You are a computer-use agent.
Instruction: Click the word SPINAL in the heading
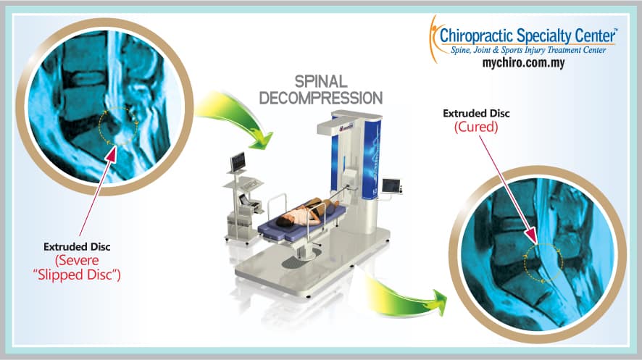coord(321,82)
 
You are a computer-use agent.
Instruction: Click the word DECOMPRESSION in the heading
coord(321,99)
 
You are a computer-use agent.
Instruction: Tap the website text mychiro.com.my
coord(523,63)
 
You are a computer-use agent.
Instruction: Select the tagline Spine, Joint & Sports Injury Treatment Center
coord(528,50)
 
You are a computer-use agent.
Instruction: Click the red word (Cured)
coord(476,127)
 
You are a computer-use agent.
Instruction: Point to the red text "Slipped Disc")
coord(77,275)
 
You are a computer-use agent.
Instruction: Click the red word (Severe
coord(77,260)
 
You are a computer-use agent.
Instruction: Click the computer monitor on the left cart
coord(238,162)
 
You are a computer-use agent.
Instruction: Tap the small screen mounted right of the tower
coord(391,186)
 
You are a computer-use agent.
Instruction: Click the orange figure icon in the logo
coord(434,39)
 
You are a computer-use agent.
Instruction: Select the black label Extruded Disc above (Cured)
coord(476,113)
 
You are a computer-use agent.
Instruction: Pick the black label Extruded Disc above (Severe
coord(77,247)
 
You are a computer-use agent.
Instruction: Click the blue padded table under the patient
coord(301,226)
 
